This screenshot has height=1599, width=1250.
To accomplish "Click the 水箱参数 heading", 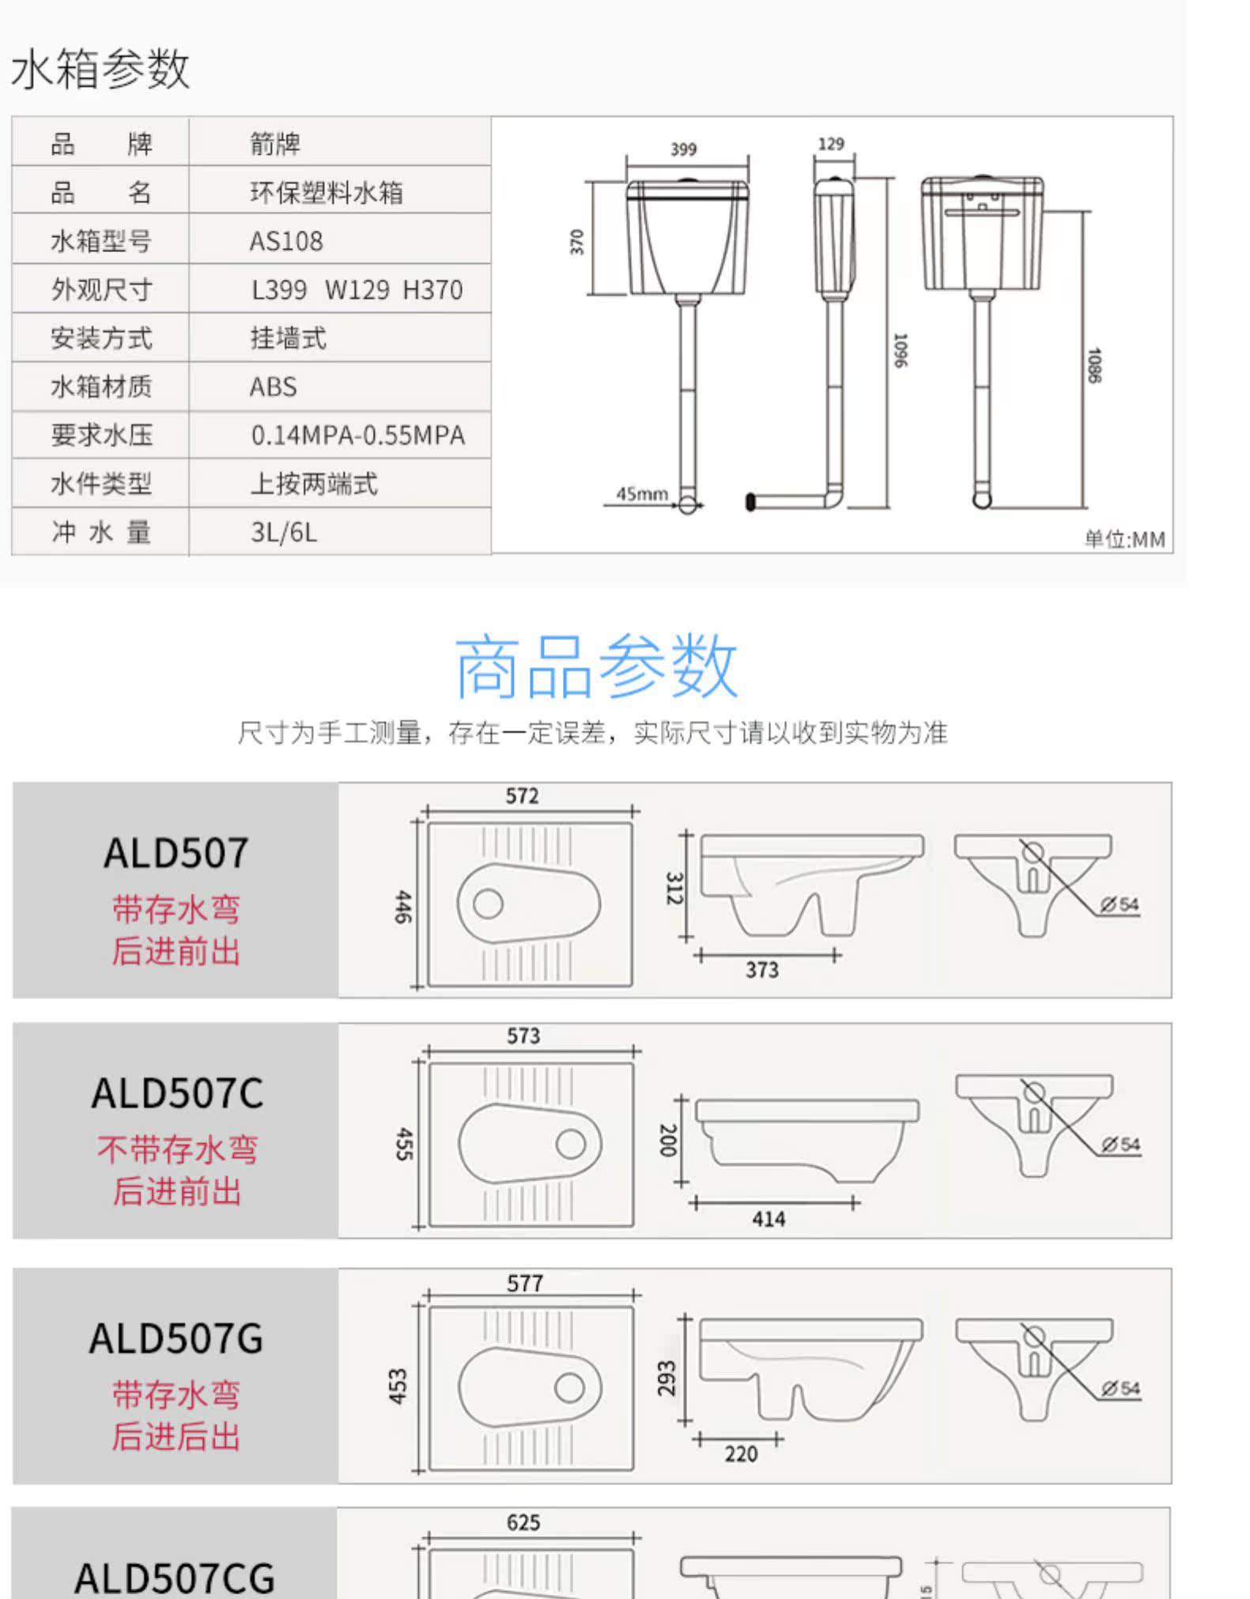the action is coord(100,69).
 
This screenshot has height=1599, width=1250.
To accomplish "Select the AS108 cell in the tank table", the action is coord(286,241).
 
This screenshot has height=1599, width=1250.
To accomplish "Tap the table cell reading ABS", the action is coord(274,387).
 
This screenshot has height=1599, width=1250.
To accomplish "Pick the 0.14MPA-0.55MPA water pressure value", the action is coord(358,435).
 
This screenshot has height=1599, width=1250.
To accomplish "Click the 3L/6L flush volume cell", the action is coord(284,532).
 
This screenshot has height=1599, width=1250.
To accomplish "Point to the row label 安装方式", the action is coord(101,338).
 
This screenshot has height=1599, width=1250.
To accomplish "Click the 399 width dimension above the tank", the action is coord(684,149).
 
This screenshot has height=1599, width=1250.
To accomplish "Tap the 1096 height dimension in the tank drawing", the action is coord(900,350).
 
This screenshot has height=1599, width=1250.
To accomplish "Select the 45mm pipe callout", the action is coord(642,494).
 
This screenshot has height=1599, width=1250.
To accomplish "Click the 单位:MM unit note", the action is coord(1124,539).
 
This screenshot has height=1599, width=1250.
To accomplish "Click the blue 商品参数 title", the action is coord(596,666).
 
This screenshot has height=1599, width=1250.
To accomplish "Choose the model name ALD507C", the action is coord(177,1093).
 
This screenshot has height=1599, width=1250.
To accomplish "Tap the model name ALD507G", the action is coord(176,1338).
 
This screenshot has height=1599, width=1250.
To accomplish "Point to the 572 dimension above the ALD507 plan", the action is coord(523,796).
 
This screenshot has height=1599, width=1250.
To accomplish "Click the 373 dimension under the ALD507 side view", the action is coord(762,970).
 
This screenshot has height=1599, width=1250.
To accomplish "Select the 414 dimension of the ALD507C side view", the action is coord(769,1219).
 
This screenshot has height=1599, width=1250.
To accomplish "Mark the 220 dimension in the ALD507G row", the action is coord(741,1454).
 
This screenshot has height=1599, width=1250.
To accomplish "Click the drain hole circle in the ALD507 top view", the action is coord(488,903).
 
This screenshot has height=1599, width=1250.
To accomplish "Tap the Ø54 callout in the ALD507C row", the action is coord(1121,1145).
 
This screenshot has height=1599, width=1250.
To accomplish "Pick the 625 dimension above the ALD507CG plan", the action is coord(523,1523).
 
